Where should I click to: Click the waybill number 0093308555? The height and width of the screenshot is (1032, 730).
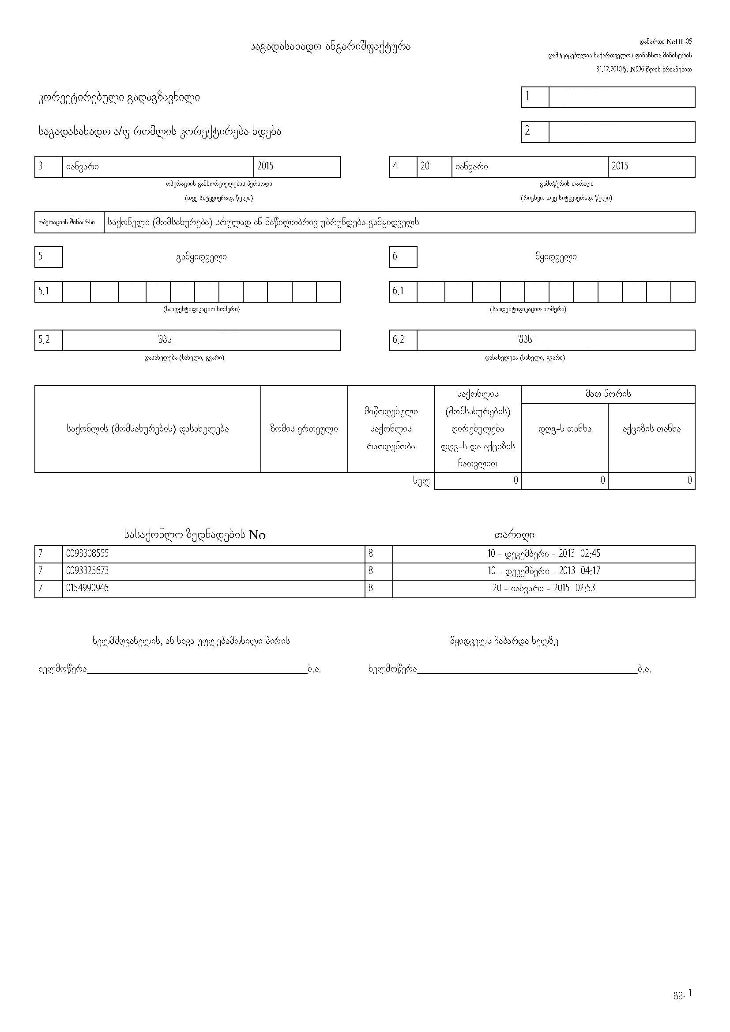click(x=87, y=553)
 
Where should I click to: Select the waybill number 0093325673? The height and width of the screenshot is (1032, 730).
click(x=87, y=571)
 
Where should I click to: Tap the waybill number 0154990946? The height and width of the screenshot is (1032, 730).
click(x=87, y=588)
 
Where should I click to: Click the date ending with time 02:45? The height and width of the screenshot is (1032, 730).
click(x=543, y=553)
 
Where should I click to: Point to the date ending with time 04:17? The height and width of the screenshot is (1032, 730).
click(x=543, y=571)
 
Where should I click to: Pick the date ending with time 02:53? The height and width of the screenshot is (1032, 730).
click(x=543, y=588)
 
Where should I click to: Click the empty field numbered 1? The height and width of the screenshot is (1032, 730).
click(x=622, y=97)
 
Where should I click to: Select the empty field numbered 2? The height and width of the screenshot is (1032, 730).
click(x=622, y=132)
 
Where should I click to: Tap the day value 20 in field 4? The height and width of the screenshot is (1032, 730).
click(x=425, y=166)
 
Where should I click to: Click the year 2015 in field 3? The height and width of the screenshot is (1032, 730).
click(x=265, y=166)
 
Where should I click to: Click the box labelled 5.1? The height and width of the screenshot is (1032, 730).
click(x=44, y=291)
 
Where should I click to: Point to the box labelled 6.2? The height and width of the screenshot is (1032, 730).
click(x=398, y=340)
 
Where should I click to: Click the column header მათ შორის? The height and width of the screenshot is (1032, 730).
click(x=608, y=394)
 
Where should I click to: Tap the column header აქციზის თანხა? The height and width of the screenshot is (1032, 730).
click(x=651, y=429)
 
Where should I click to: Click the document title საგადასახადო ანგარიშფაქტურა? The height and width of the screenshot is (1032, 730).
click(x=330, y=46)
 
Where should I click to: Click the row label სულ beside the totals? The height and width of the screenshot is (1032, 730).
click(x=421, y=481)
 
